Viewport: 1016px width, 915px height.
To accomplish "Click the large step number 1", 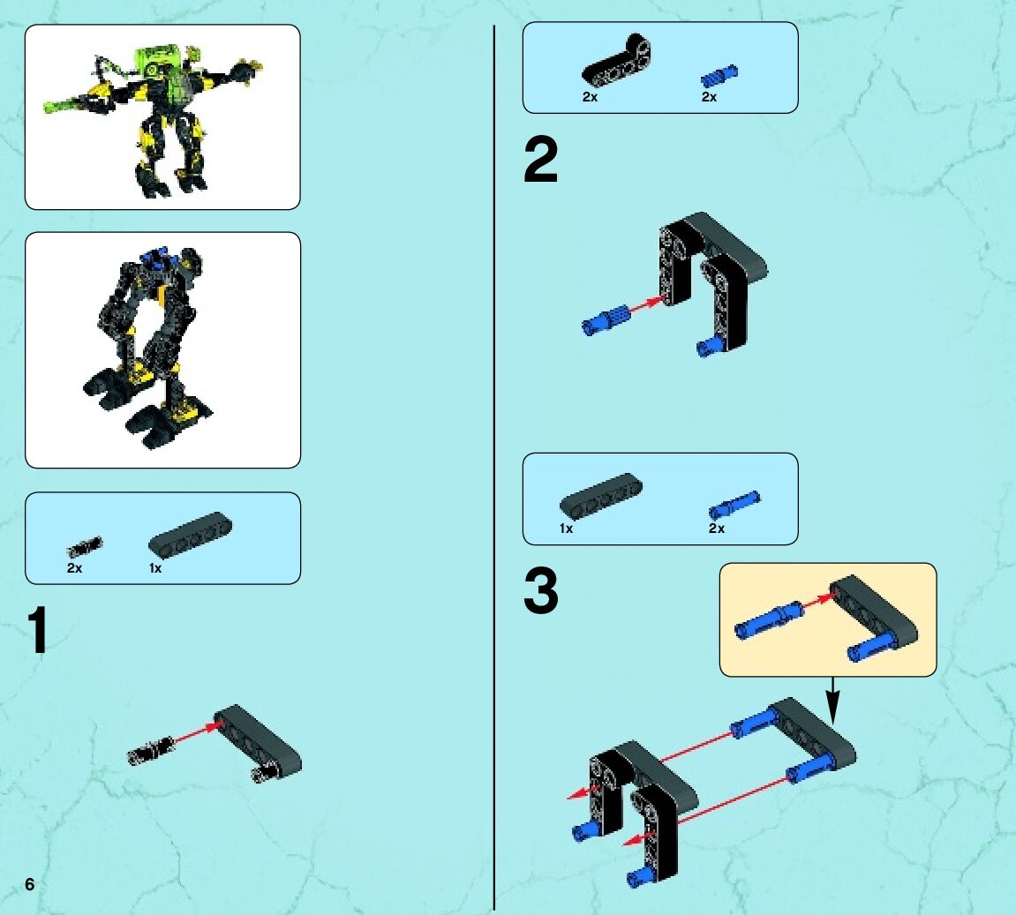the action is point(38,631).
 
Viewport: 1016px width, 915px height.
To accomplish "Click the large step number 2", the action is point(540,160).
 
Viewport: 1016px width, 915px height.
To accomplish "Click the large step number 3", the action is point(540,590).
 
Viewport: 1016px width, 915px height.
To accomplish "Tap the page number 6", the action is point(30,884).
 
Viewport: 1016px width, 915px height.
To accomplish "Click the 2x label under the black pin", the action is point(74,568).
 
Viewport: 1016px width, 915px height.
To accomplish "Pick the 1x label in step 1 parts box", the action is point(155,568).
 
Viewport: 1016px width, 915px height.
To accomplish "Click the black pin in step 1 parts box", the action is point(84,547).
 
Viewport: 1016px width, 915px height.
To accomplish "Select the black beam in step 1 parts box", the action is point(190,534).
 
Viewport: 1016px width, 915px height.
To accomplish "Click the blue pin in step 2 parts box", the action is point(719,77).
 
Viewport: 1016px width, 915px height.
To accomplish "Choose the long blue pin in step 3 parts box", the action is point(734,505).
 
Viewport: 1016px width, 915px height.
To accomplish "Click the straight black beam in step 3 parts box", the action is point(600,495).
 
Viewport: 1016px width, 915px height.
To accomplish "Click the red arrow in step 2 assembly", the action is point(649,305).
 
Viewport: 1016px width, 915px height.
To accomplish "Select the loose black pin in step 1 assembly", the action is point(150,751).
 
